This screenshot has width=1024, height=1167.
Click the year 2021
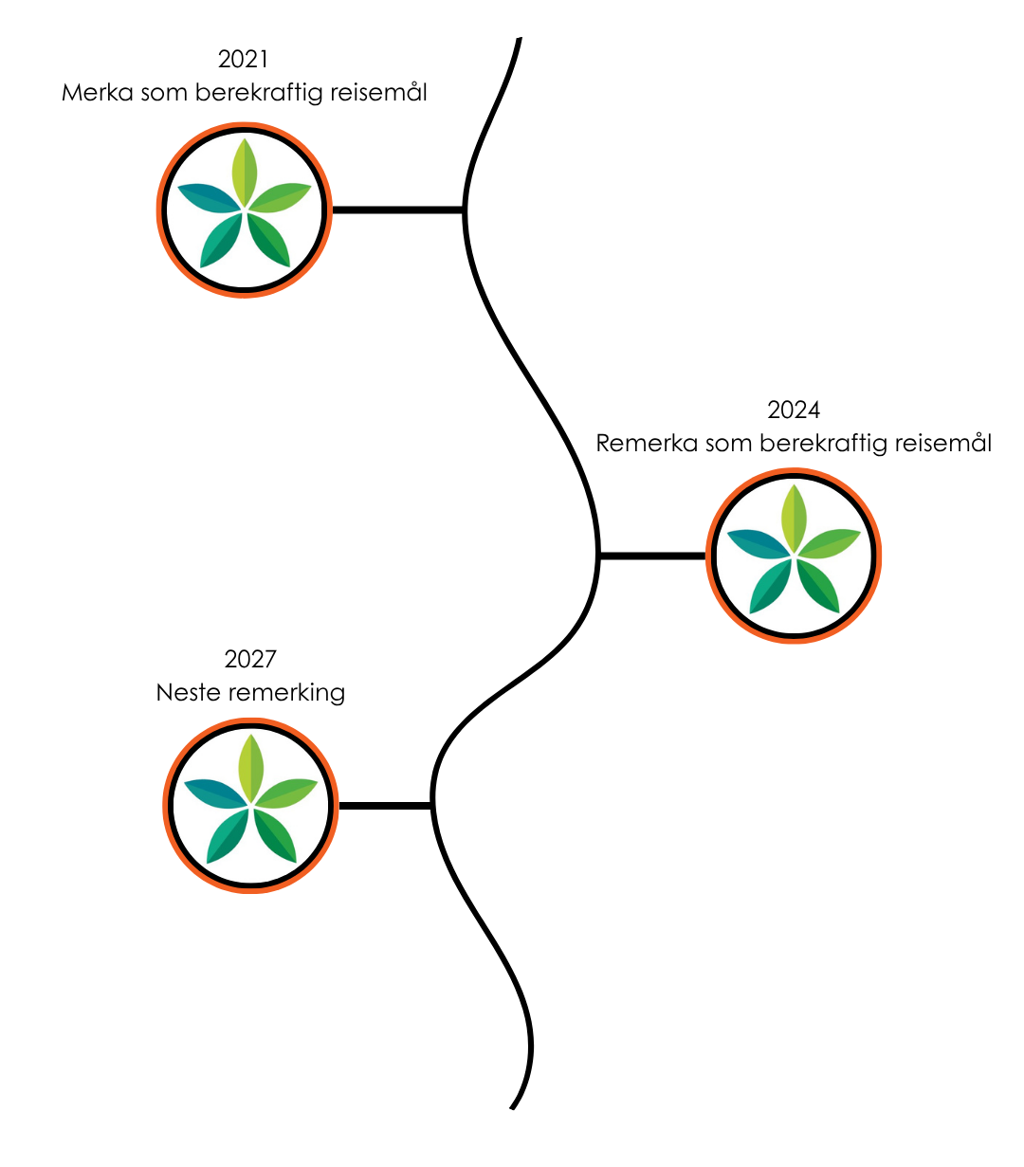coord(244,59)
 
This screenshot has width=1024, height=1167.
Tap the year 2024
coord(794,410)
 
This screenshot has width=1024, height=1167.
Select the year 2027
coord(250,659)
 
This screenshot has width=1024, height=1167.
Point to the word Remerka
coord(647,443)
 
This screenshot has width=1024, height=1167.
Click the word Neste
coord(186,692)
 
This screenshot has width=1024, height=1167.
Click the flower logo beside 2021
coord(245,210)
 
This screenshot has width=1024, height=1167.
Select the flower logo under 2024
coord(794,556)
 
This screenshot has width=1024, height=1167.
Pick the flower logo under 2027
coord(250,805)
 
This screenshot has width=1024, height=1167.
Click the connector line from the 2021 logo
coord(397,210)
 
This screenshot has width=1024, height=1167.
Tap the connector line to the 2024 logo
coord(652,556)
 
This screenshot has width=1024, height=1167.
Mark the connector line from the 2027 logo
coord(385,806)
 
